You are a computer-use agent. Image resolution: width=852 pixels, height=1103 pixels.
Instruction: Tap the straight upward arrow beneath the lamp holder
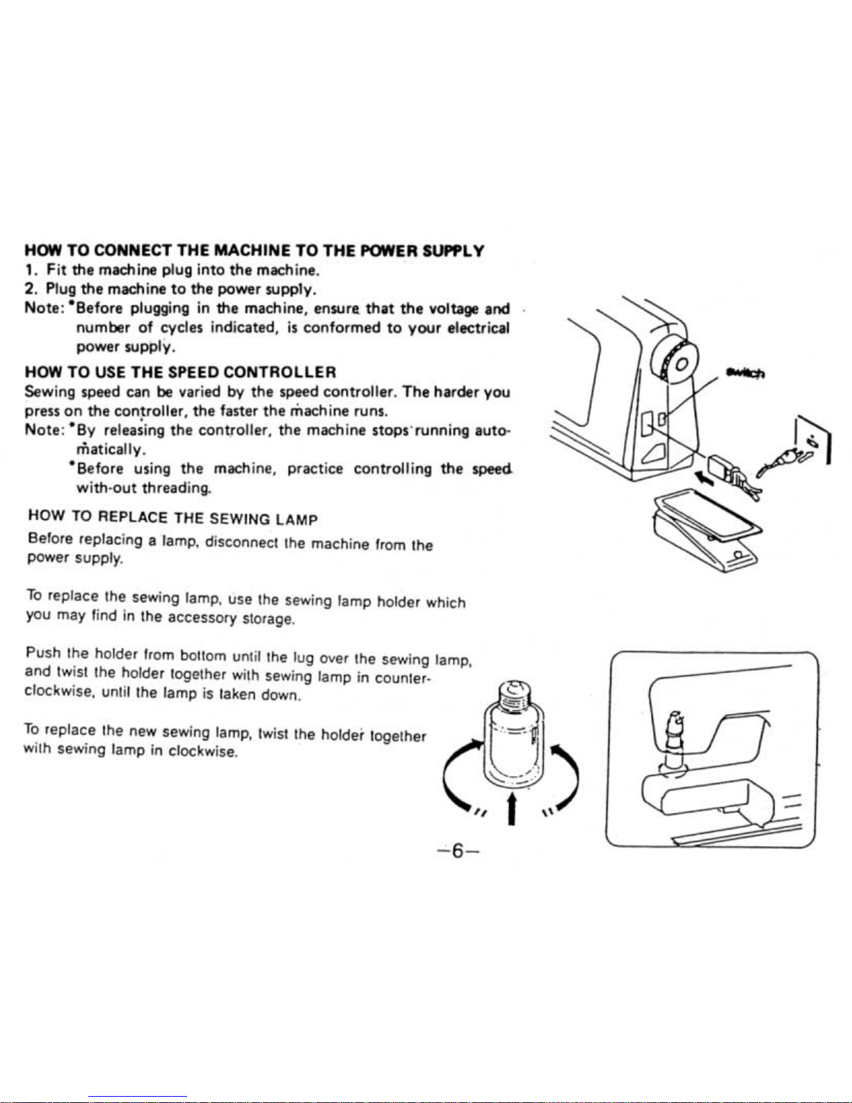point(513,807)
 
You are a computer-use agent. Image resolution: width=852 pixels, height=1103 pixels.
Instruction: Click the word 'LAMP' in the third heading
point(296,519)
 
